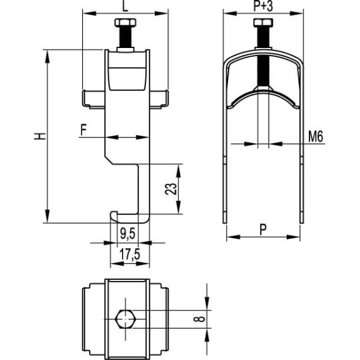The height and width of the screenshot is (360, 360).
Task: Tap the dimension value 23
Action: [167, 188]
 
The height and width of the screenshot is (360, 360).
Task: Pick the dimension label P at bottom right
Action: [263, 230]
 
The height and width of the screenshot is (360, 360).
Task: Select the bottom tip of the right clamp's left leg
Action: [225, 220]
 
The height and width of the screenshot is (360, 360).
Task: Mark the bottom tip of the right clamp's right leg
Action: [300, 220]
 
